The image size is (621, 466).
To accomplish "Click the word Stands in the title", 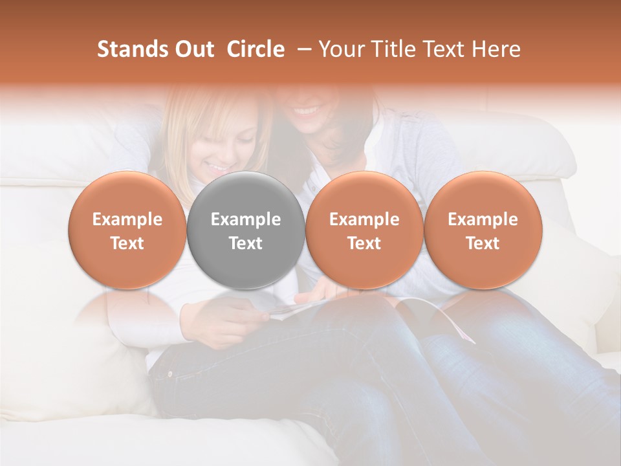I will coord(132,49).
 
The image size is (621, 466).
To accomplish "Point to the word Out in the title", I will coord(193,49).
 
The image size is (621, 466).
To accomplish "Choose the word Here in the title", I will coord(496,49).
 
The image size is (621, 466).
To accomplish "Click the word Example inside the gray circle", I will coord(246,219).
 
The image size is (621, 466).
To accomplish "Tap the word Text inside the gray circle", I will coord(246,243).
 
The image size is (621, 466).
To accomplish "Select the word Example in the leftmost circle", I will coord(127,219).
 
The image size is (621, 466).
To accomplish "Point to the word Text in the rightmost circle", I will coord(483,243).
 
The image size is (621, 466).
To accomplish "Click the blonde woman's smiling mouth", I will coord(218,168).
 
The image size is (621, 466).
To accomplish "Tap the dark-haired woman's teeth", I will coord(307,111).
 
